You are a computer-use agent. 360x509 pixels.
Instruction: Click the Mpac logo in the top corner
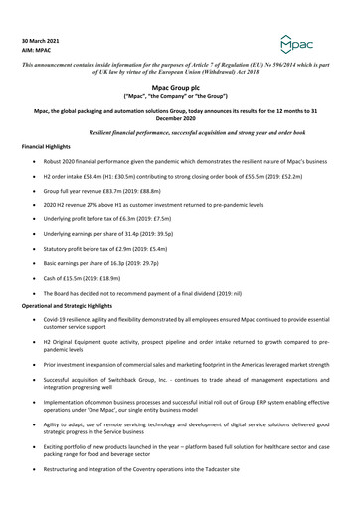328,45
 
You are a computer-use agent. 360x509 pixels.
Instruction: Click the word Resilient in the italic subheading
136,132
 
